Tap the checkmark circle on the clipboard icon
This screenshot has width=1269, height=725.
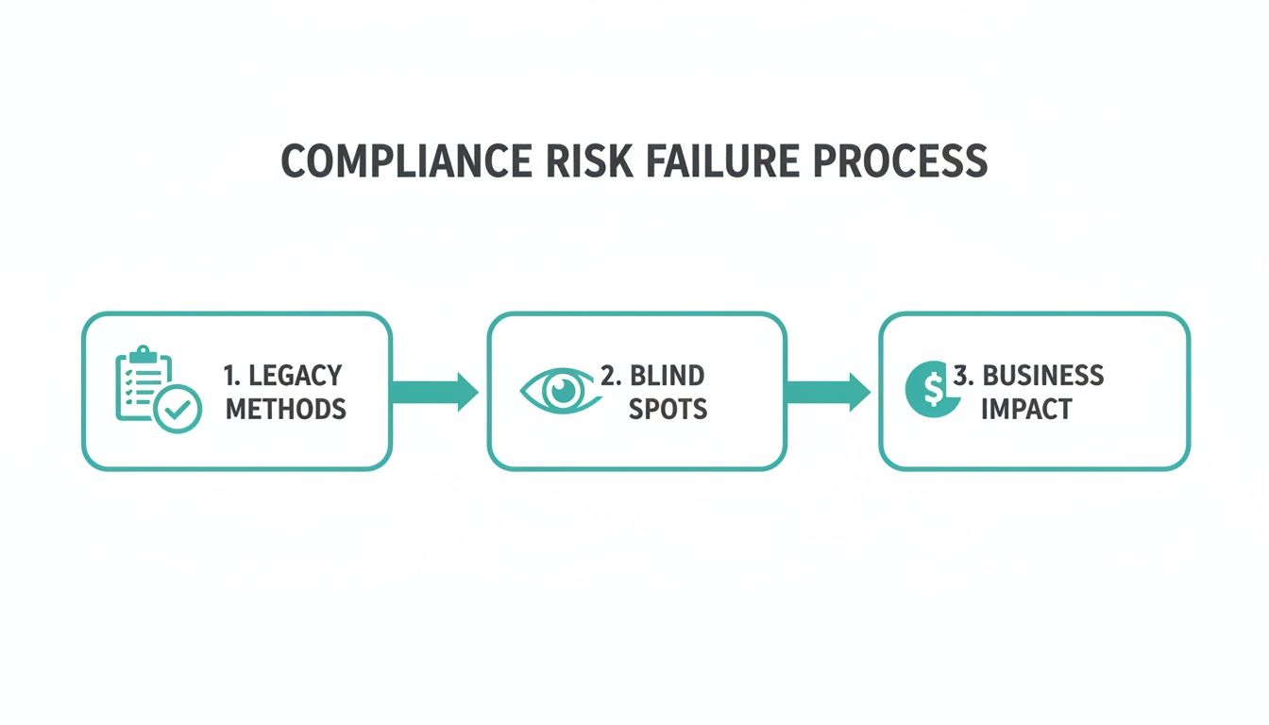pos(178,411)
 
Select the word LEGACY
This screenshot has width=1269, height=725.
pos(295,375)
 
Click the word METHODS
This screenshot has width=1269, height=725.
pos(285,409)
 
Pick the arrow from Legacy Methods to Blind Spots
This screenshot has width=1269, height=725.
pos(434,392)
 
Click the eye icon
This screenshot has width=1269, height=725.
pos(562,392)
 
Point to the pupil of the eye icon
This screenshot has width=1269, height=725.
pos(565,391)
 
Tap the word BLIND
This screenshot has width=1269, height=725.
pos(667,375)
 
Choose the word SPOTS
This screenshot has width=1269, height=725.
pos(668,409)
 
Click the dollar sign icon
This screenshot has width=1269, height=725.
pos(926,388)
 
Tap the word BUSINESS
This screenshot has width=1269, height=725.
pos(1042,375)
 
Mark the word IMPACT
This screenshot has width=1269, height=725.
pos(1025,409)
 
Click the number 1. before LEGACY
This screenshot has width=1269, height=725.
pos(231,375)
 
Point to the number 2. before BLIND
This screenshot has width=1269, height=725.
pos(610,375)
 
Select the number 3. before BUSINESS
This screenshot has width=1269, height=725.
pos(962,375)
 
